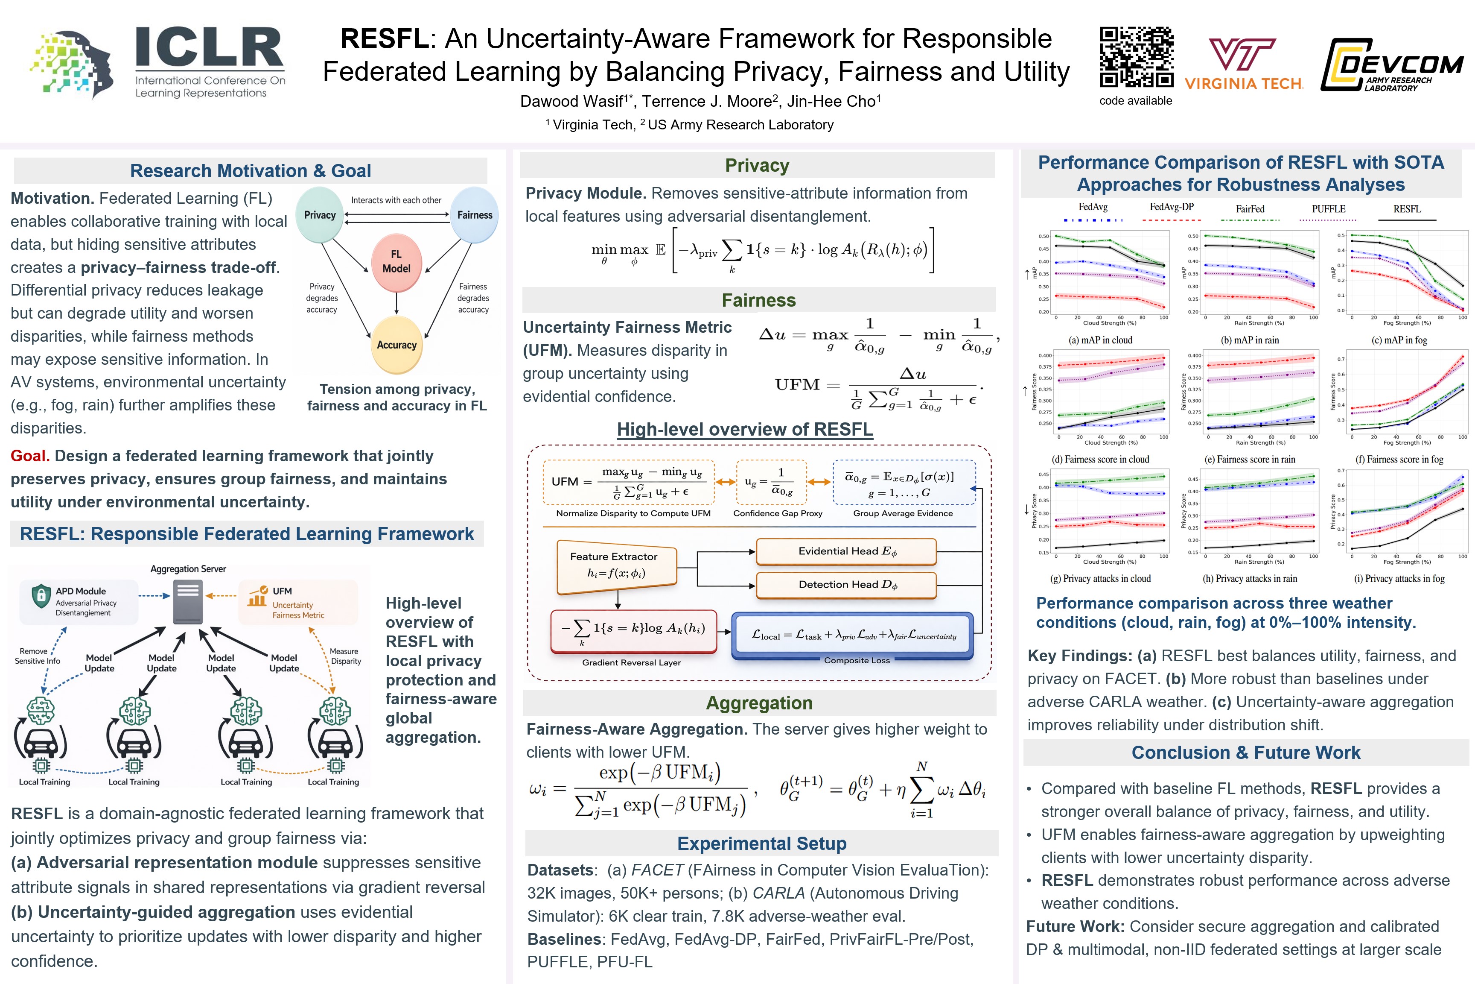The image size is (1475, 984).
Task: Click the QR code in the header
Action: (1137, 57)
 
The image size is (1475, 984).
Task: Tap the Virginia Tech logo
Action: (1244, 63)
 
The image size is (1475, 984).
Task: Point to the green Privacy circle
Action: (320, 215)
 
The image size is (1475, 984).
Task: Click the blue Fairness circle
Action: (475, 215)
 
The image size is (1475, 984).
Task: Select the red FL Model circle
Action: (396, 262)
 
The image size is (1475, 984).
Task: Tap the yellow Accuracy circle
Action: (396, 345)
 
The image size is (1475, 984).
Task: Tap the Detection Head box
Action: (847, 585)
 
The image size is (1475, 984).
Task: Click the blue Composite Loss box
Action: (853, 635)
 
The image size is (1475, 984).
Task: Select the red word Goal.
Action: (29, 456)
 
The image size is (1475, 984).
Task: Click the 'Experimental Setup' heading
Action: (761, 843)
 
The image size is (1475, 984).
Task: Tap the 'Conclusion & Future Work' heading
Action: (1245, 753)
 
